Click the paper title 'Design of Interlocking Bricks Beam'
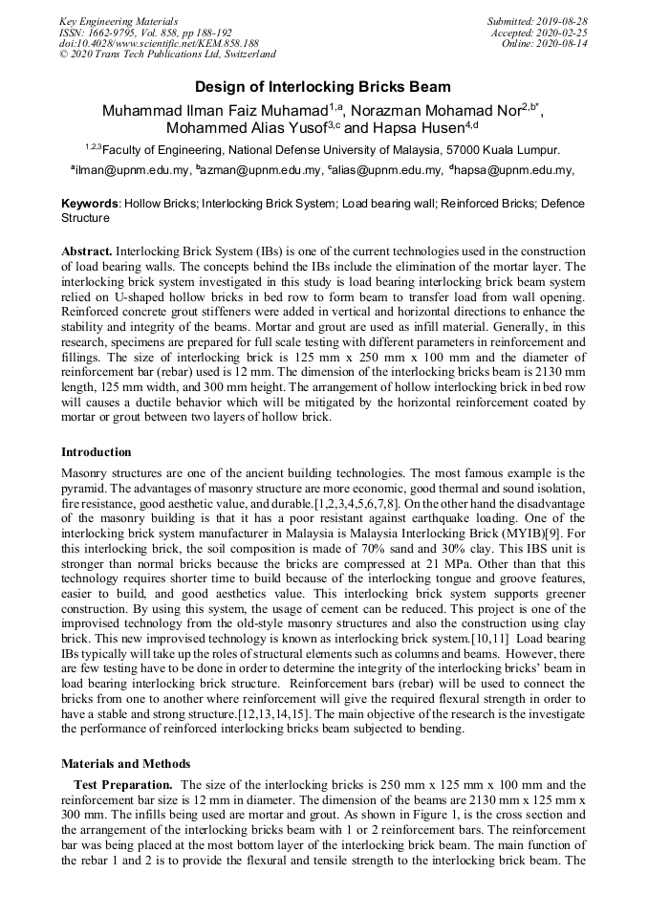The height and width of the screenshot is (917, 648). (323, 87)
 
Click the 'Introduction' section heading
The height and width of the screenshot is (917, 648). (96, 452)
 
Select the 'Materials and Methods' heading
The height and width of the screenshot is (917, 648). (125, 764)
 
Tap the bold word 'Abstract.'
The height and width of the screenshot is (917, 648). (87, 250)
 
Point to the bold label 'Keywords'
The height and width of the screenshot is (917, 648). (90, 204)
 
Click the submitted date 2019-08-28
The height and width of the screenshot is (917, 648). (562, 21)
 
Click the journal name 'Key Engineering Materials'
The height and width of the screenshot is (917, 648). (118, 21)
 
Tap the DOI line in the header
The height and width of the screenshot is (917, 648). (159, 44)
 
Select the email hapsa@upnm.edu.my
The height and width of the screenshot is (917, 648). (519, 170)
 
